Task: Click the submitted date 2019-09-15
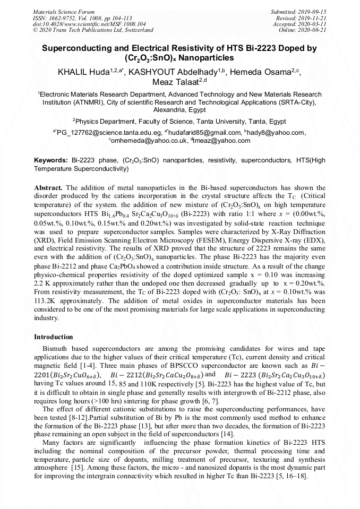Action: [x=313, y=12]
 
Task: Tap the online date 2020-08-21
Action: [x=313, y=31]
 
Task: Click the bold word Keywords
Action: [x=50, y=160]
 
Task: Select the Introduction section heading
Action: [x=54, y=337]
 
